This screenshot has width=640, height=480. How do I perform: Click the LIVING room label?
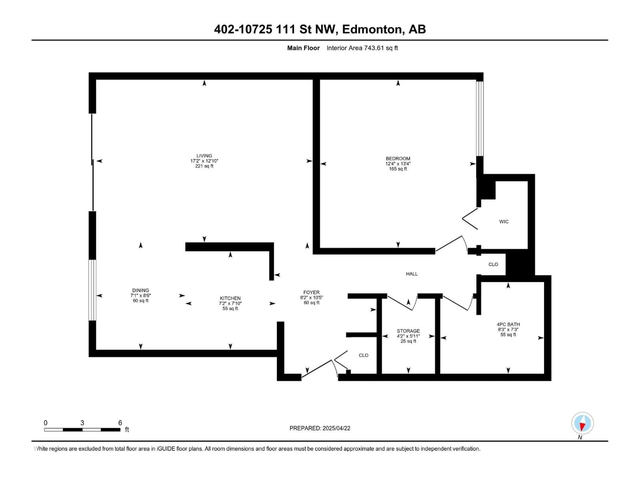coord(204,156)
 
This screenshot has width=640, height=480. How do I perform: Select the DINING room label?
coord(141,290)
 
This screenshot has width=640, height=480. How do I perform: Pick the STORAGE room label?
coord(408,331)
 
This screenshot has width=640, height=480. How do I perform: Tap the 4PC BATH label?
coord(508,324)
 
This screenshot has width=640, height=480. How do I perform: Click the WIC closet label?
coord(504,222)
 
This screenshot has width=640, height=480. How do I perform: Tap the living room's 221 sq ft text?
coord(204,166)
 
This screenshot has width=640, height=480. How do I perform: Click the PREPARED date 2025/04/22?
coord(336,428)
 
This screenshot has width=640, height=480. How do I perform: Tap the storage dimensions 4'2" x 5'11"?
coord(408,336)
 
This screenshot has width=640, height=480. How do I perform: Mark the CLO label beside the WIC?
coord(493,264)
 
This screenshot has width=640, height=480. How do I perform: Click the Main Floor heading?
coord(303,48)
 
